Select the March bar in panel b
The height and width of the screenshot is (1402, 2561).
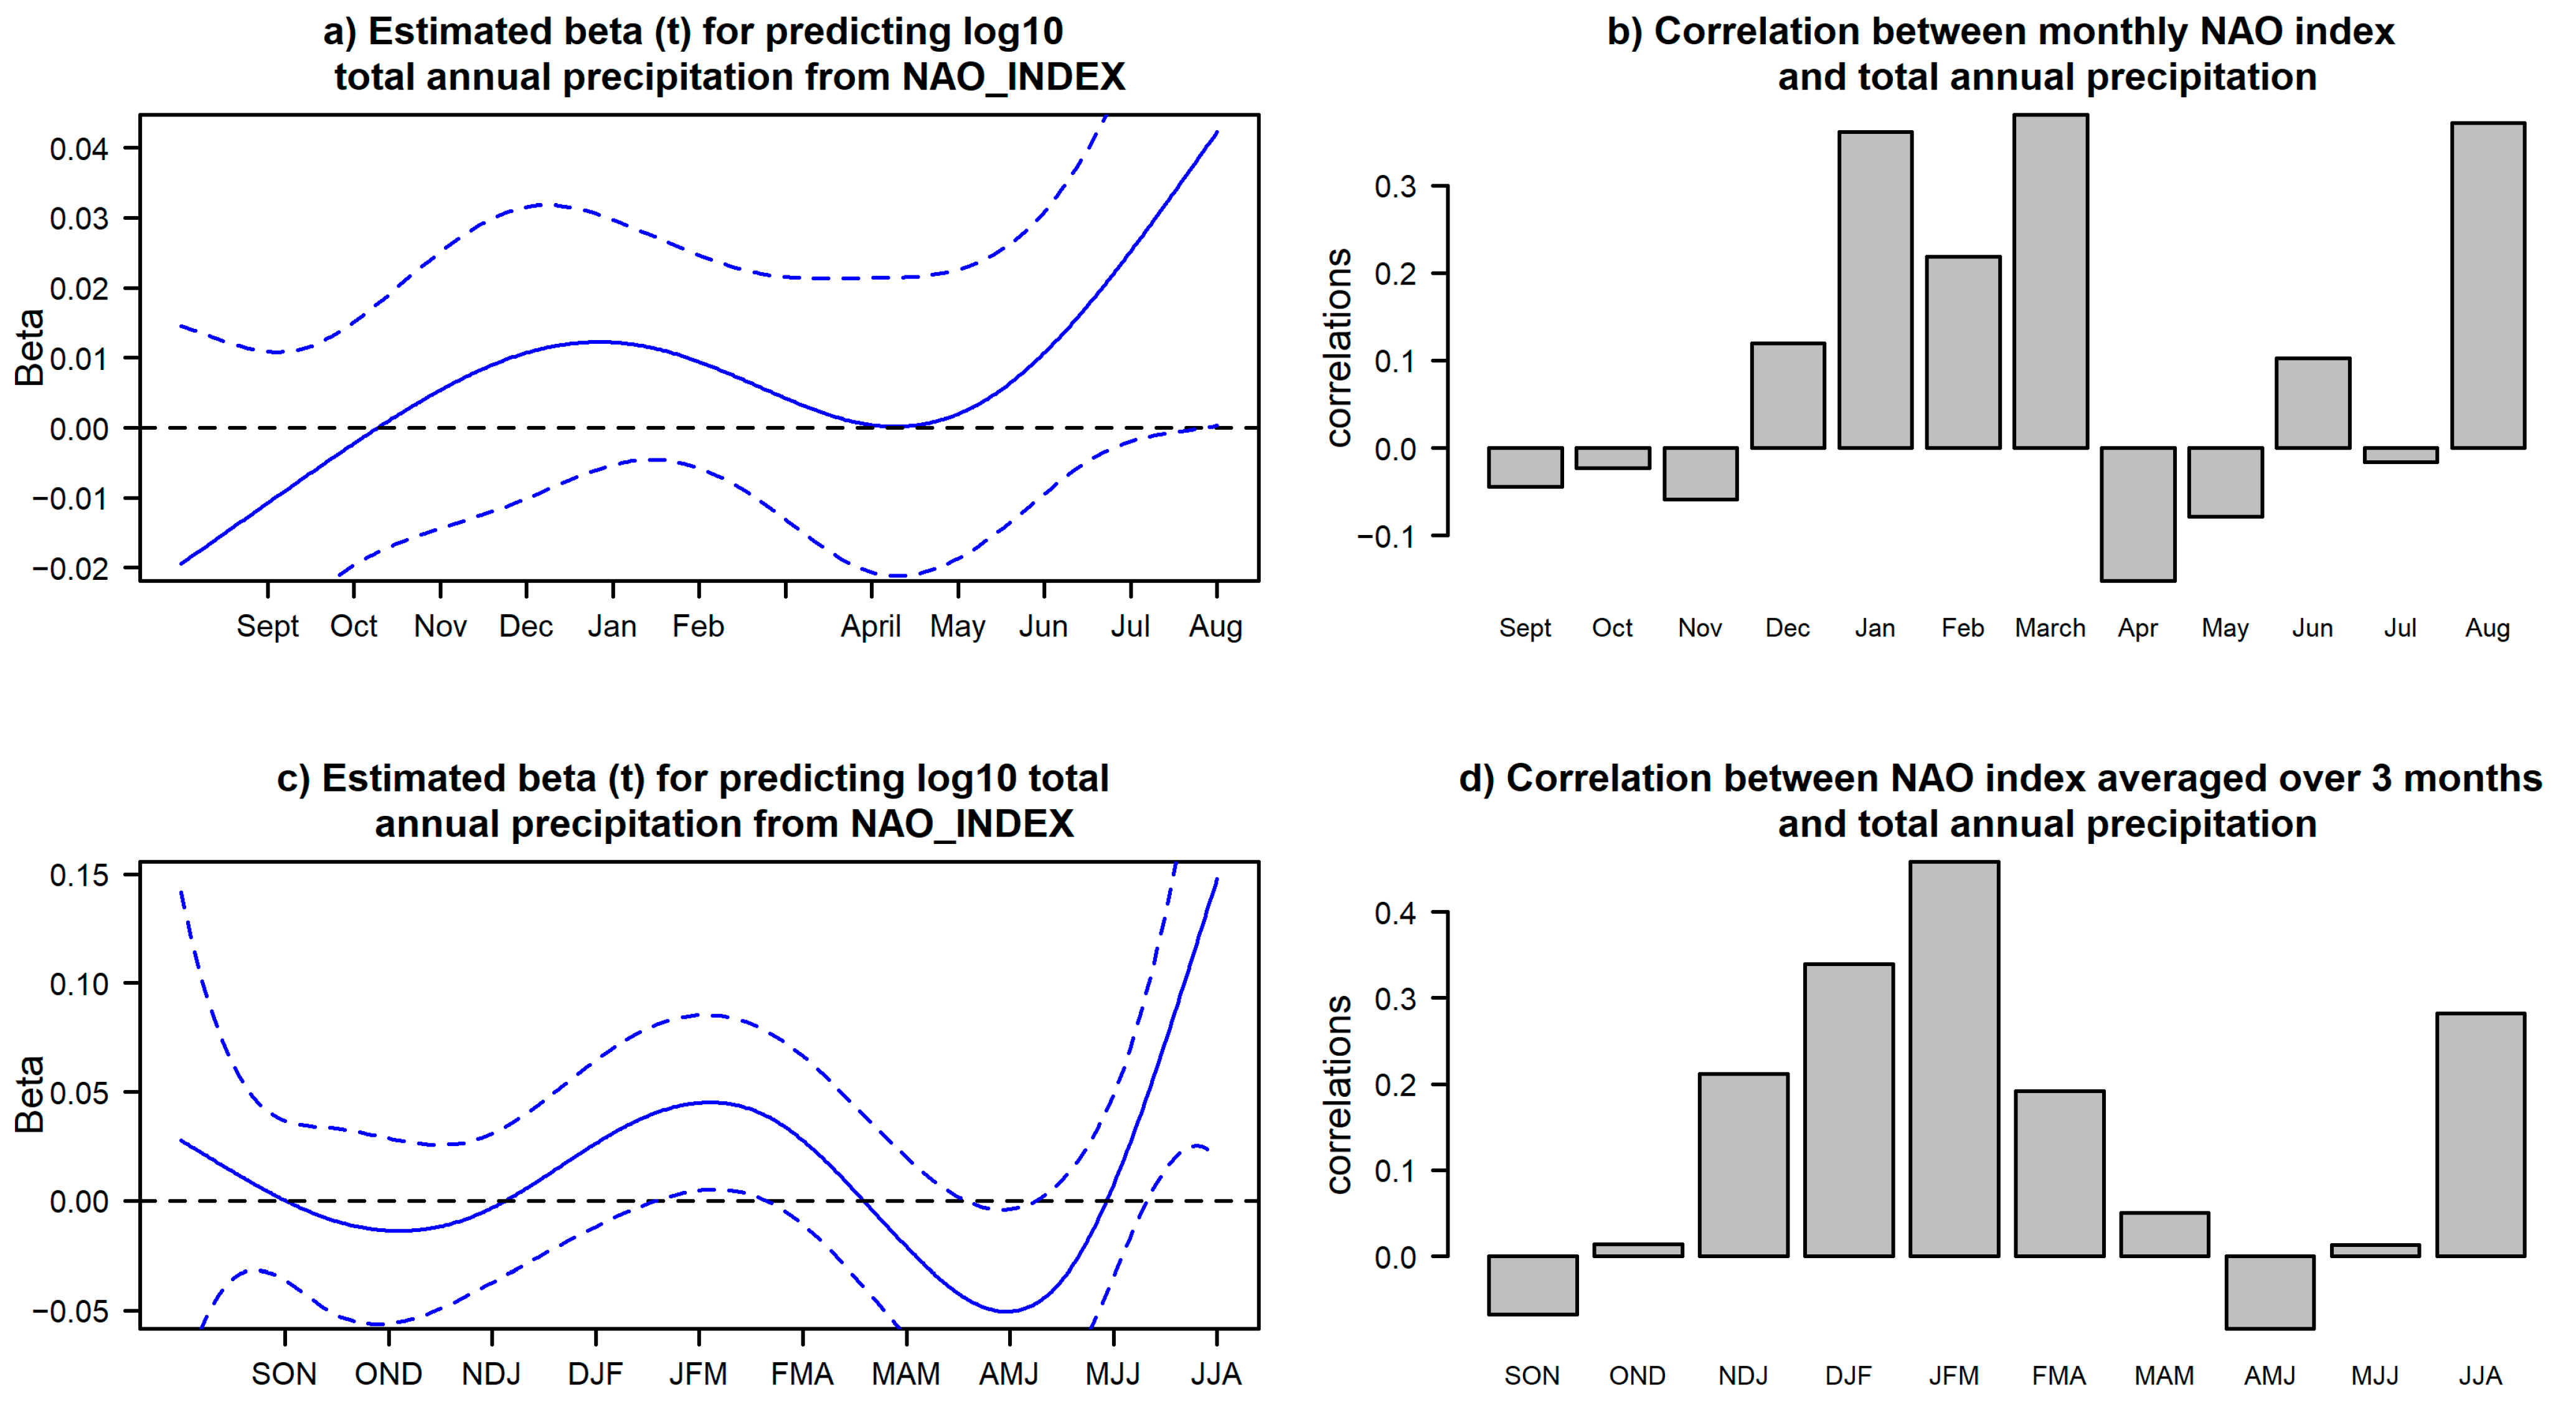click(2050, 282)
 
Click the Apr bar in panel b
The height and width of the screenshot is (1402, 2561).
click(2138, 514)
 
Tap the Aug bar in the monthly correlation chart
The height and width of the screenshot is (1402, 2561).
click(2488, 285)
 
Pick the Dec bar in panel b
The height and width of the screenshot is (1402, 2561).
click(1788, 395)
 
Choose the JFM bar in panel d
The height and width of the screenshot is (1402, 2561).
click(1953, 1059)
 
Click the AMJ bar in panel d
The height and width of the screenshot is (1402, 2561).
click(2270, 1292)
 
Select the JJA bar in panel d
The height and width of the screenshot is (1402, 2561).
click(2481, 1135)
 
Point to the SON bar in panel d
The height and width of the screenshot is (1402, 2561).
click(1532, 1285)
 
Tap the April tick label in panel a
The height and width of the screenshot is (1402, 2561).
click(871, 627)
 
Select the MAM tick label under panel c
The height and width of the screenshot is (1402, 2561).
click(906, 1374)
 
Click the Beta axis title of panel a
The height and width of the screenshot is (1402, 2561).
click(30, 347)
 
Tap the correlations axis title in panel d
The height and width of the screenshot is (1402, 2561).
click(1339, 1094)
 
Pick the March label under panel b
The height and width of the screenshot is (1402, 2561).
click(2050, 628)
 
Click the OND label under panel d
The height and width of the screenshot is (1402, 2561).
click(1638, 1376)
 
